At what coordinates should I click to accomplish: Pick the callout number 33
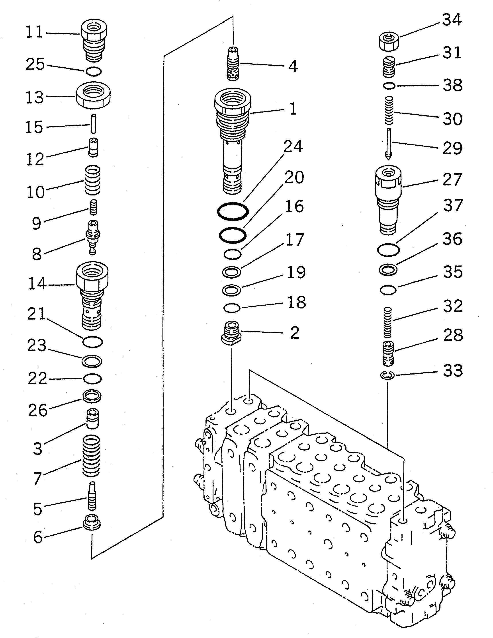453,371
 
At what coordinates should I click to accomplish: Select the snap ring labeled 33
388,375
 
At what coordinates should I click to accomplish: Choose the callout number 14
37,284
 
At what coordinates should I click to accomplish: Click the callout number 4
293,66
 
